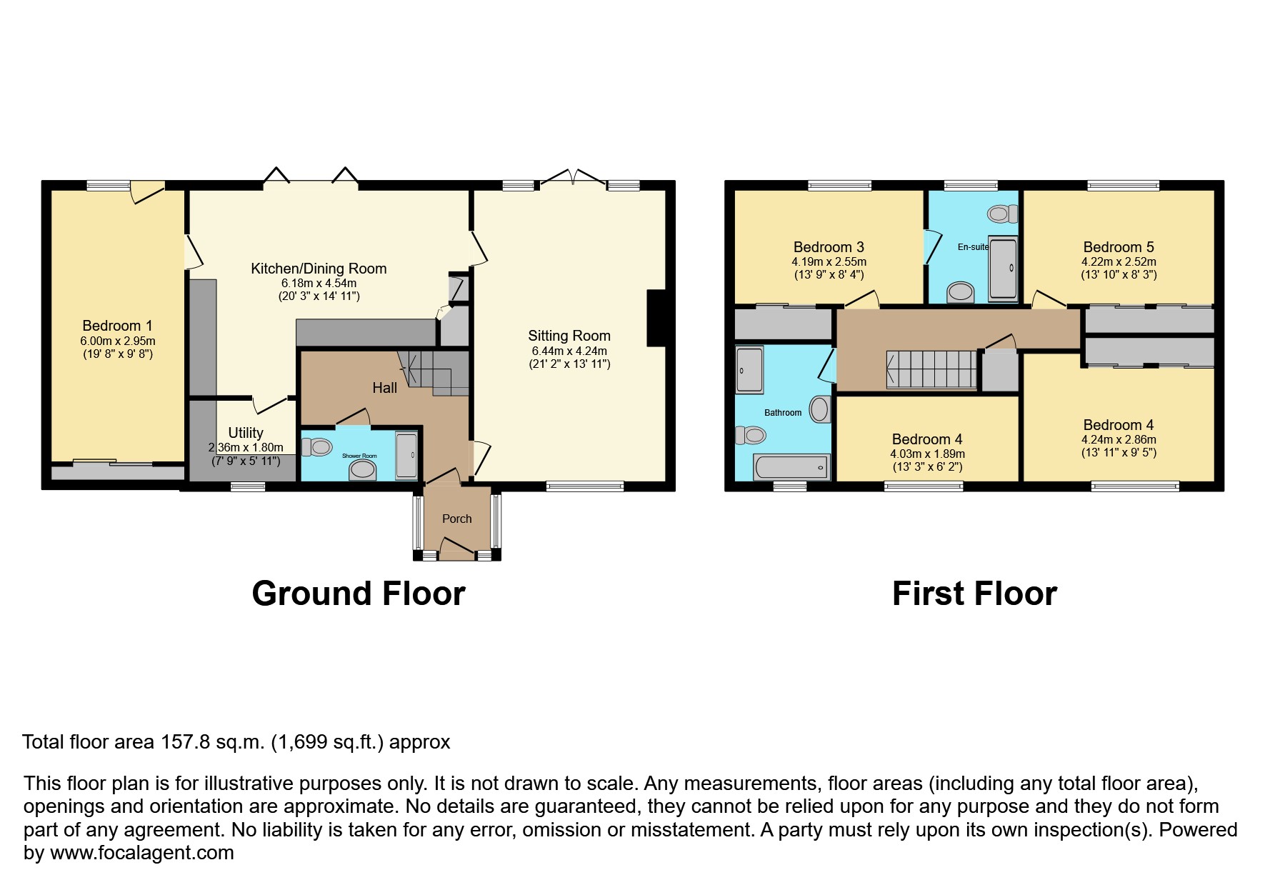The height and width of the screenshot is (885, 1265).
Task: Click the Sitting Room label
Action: tap(569, 336)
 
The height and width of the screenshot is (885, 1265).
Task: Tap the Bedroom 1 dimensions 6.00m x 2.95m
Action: tap(117, 341)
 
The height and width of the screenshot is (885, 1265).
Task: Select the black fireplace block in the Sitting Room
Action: tap(656, 319)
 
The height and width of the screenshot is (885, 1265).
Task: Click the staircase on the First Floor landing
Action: tap(931, 369)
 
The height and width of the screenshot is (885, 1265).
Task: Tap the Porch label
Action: tap(456, 519)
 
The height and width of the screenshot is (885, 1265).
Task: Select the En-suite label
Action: tap(973, 247)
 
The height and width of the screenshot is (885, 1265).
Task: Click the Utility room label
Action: tap(245, 433)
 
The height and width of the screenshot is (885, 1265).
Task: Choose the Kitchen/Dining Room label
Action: tap(319, 269)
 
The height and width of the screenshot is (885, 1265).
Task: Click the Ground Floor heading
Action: tap(358, 594)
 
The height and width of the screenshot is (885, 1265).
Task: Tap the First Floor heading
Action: tap(974, 594)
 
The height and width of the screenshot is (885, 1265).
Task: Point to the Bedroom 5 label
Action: tap(1118, 247)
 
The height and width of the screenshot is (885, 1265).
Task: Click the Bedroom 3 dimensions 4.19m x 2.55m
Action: tap(829, 261)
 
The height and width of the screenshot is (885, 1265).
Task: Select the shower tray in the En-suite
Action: tap(1004, 269)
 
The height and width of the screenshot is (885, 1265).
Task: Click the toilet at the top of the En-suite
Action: tap(1003, 213)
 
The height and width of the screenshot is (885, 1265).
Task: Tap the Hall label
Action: tap(384, 388)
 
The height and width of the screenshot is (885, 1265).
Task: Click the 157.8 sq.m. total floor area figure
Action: tap(212, 742)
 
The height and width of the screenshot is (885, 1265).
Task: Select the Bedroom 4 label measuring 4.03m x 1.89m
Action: tap(926, 439)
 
